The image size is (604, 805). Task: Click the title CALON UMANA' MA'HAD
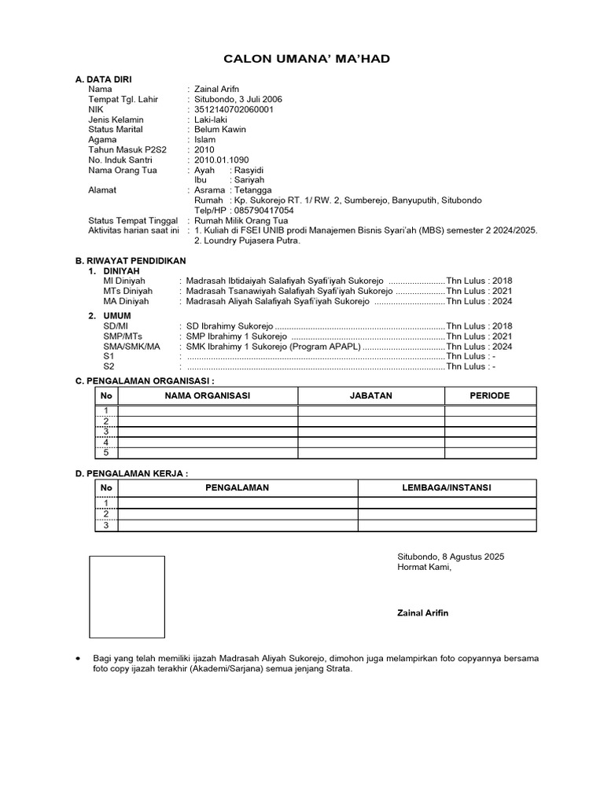tap(307, 59)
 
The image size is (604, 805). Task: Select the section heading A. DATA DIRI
tap(103, 80)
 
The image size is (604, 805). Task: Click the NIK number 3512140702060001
tap(234, 110)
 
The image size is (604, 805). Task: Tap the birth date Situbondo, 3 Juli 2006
tap(238, 100)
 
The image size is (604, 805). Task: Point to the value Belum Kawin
tap(220, 130)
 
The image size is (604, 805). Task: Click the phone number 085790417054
tap(263, 211)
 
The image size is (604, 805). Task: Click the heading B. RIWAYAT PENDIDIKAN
tap(130, 260)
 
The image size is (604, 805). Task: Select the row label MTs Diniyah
tap(128, 291)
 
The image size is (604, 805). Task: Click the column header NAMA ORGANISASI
tap(207, 396)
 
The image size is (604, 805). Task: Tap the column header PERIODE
tap(490, 396)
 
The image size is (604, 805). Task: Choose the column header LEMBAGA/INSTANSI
tap(446, 488)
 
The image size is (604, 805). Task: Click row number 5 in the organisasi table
tap(106, 453)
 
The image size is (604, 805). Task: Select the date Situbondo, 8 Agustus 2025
tap(451, 557)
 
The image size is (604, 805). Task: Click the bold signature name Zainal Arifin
tap(423, 613)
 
